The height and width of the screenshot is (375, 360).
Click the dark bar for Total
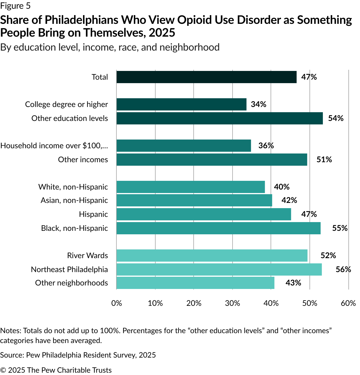coord(206,77)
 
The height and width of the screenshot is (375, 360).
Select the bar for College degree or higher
coord(181,104)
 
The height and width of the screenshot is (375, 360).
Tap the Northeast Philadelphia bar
coord(219,269)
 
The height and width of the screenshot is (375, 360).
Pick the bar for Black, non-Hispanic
coord(219,228)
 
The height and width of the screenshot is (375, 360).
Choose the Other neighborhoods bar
coord(195,283)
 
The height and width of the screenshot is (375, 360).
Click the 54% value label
coord(336,118)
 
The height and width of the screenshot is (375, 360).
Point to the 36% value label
coord(266,146)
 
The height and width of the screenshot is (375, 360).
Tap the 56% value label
coord(343,269)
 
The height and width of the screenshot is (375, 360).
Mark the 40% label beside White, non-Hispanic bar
coord(282,187)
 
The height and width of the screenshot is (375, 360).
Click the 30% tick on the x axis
coord(233,303)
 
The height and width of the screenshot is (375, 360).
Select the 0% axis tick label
coord(117,303)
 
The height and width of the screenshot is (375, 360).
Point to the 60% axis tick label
coord(348,303)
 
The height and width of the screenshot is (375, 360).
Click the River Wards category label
coord(88,256)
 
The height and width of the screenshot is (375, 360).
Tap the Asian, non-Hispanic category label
coord(74,200)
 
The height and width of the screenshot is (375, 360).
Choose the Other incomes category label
coord(83,160)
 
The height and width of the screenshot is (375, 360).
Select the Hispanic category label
coord(93,214)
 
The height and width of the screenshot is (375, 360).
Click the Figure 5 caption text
coord(15,6)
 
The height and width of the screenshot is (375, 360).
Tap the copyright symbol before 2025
coord(3,370)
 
